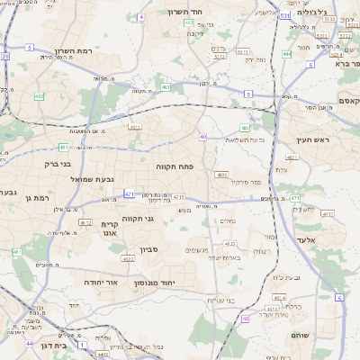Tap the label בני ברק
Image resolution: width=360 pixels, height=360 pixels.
57,164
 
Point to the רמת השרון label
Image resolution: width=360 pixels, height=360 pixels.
74,51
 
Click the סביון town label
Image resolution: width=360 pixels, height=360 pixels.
148,249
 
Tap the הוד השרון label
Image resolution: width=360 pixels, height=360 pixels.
187,13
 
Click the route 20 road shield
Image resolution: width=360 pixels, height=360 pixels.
5,56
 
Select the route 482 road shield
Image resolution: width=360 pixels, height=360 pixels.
39,95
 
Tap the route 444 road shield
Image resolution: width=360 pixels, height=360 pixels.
286,54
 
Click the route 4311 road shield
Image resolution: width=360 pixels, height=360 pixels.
135,128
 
